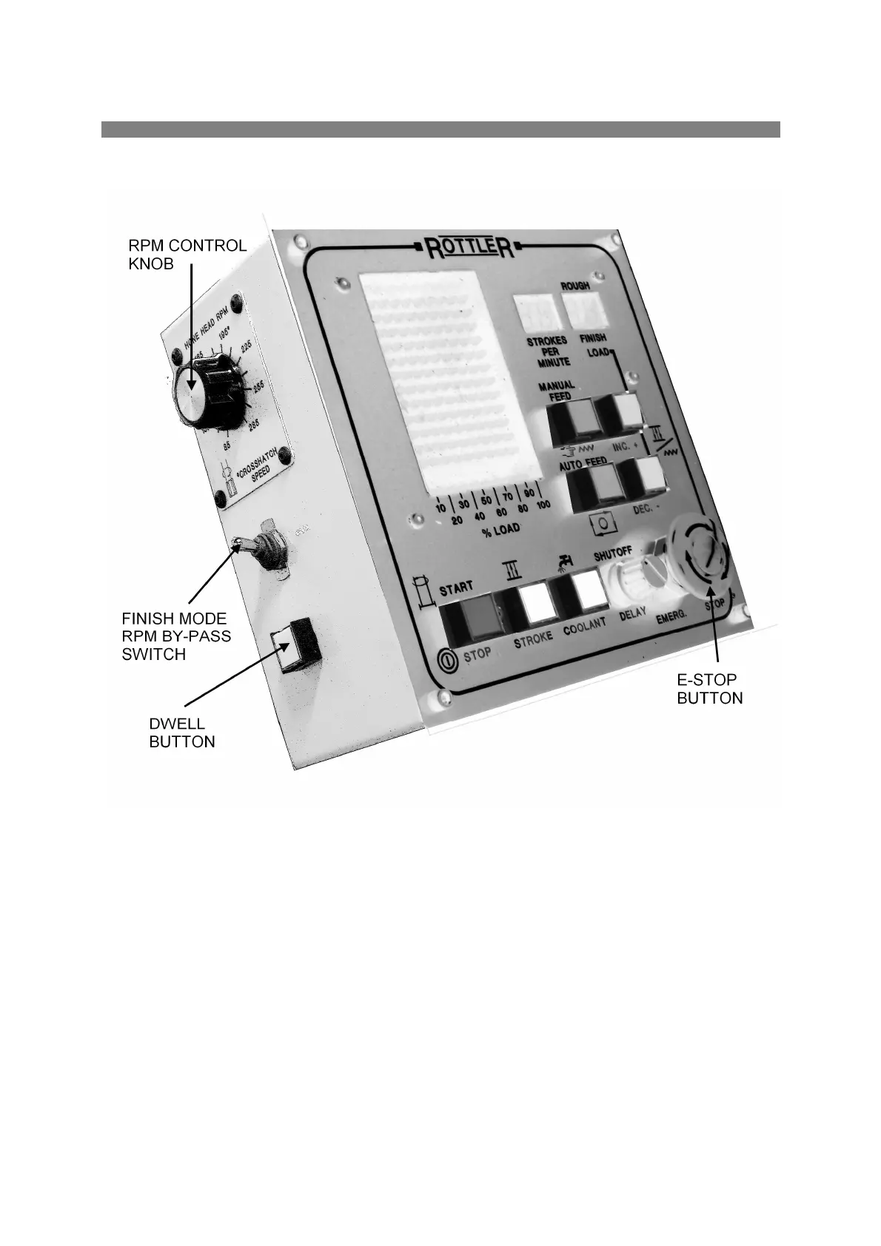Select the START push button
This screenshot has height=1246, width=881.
click(x=469, y=619)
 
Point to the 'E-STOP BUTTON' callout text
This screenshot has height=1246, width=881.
click(x=709, y=689)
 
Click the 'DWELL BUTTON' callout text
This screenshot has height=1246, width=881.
click(x=182, y=733)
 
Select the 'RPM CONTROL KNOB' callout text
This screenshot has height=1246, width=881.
click(x=187, y=255)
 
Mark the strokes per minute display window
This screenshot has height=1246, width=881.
click(x=535, y=314)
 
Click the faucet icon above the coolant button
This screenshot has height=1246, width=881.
click(x=566, y=562)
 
